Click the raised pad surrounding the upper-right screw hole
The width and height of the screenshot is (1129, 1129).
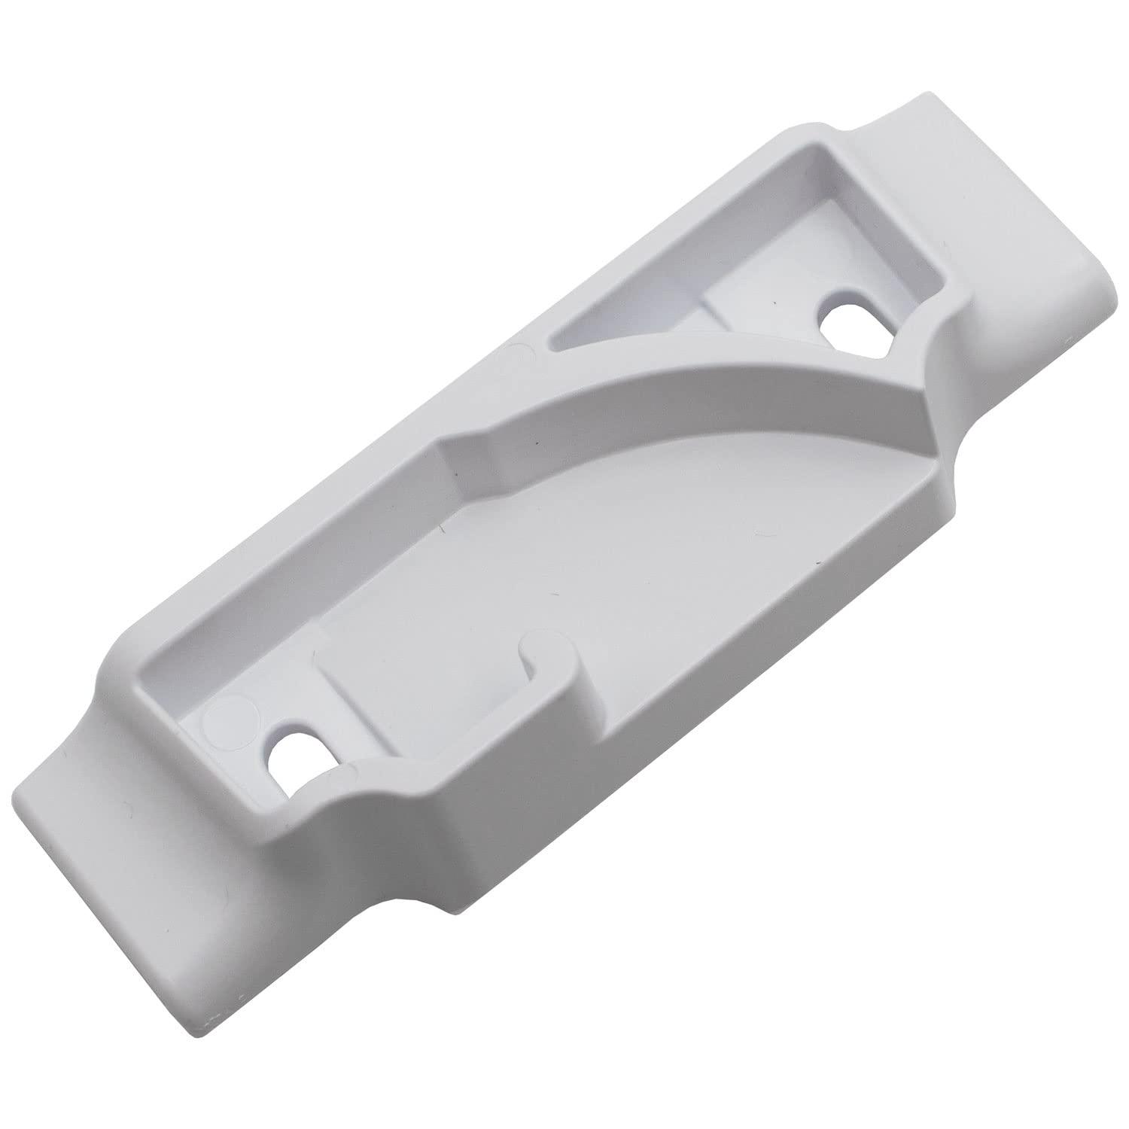[798, 316]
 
